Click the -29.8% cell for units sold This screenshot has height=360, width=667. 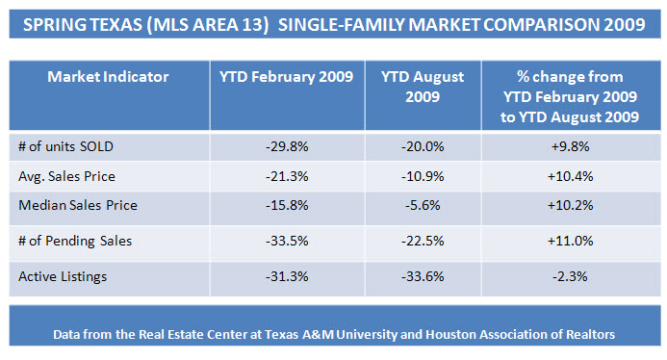(287, 147)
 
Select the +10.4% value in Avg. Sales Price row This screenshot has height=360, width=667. (570, 176)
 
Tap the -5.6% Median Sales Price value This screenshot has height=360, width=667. (423, 205)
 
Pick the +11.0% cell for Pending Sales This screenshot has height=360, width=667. (570, 241)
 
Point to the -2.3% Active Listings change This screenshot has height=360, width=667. (570, 276)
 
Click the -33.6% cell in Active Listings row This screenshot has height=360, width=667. (423, 276)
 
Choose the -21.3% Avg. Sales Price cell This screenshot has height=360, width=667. (287, 176)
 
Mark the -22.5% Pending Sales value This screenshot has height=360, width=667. (423, 241)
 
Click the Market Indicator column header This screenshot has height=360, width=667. (108, 77)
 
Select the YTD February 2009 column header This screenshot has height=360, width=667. (286, 77)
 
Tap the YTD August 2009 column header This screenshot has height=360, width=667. (423, 87)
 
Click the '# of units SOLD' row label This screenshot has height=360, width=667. (66, 147)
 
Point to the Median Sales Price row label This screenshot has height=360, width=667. (78, 205)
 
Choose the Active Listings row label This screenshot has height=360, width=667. (63, 276)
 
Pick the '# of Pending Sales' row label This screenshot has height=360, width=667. (75, 241)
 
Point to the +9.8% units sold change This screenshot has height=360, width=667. (570, 147)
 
